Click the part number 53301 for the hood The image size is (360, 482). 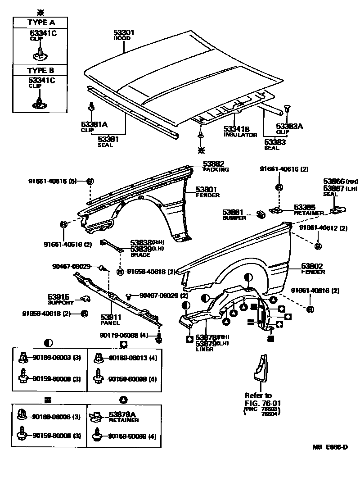click(x=124, y=33)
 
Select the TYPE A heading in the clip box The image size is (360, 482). click(x=40, y=22)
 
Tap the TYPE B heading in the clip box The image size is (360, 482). click(x=40, y=70)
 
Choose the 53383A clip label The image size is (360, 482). click(x=289, y=127)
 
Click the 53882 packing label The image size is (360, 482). click(x=213, y=164)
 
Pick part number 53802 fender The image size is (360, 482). click(x=313, y=267)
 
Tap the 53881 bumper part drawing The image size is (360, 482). click(x=260, y=214)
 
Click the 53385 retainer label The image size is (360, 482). click(x=304, y=207)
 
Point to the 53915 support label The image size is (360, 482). click(x=58, y=297)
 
